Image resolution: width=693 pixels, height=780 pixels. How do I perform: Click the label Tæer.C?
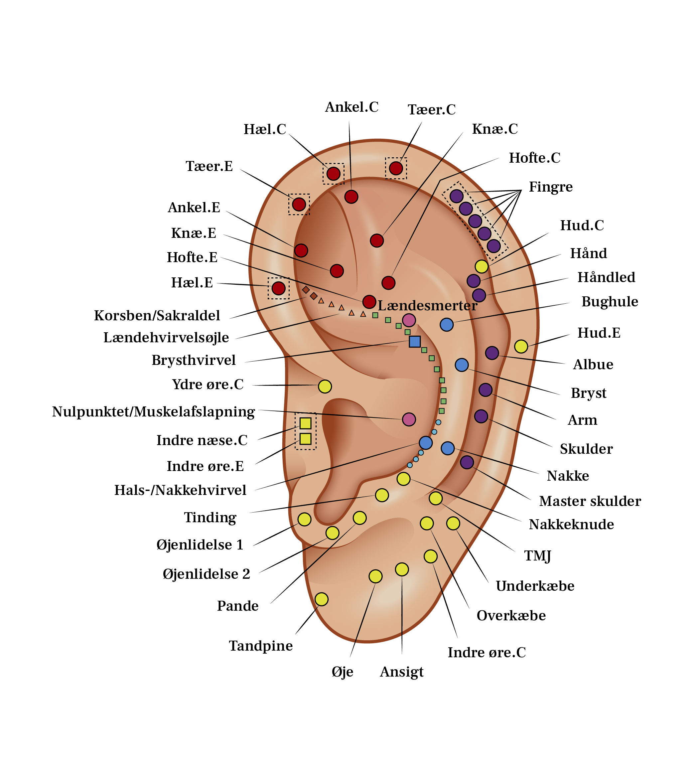coord(431,110)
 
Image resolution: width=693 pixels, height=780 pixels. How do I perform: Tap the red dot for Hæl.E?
coord(278,288)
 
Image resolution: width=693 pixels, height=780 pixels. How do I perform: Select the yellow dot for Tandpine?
coord(322,599)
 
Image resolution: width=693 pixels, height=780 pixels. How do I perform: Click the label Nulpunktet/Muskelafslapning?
coord(153,412)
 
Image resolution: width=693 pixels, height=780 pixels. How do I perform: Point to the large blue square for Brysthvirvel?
coord(415,342)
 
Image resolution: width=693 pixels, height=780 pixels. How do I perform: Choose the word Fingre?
coord(550,187)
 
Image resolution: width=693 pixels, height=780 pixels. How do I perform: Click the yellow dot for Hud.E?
coord(521,346)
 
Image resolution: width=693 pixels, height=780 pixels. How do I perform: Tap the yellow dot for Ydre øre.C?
coord(325,386)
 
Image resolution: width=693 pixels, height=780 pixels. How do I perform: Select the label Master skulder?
coord(590,501)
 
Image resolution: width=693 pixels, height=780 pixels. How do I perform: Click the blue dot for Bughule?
coord(447,324)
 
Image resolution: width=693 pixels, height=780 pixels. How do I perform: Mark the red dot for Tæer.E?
coord(299,204)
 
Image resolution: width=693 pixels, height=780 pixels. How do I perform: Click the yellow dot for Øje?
coord(376,576)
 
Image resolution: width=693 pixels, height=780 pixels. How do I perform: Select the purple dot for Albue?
coord(492,353)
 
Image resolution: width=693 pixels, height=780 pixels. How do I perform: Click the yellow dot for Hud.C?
coord(482,266)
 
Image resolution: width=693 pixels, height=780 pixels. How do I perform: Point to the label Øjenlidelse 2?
coord(206,574)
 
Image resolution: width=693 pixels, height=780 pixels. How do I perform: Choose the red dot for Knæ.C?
coord(377,240)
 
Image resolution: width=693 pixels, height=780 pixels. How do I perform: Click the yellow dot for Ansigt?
coord(402,569)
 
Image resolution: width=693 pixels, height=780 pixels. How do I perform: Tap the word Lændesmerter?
coord(427,306)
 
